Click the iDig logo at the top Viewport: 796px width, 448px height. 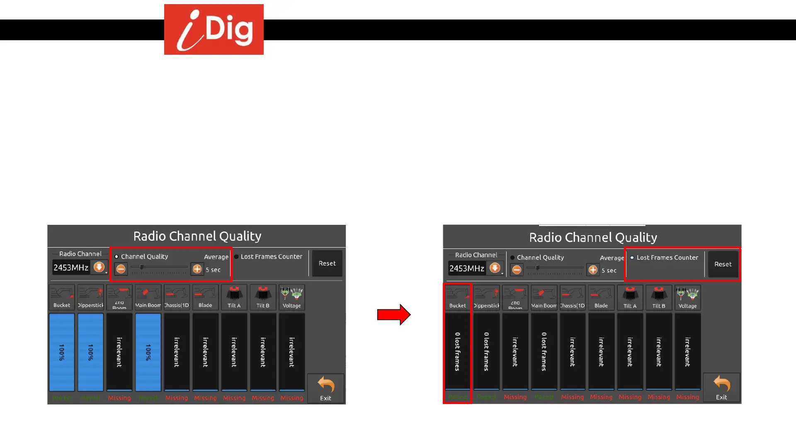click(214, 29)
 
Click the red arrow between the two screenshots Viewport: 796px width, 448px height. click(393, 314)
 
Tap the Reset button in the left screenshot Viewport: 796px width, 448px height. click(327, 263)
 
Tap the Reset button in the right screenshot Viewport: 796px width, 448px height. click(723, 264)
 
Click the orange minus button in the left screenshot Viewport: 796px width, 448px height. click(121, 269)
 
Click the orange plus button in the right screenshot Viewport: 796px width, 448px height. click(593, 270)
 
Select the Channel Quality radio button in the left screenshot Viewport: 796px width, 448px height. click(116, 257)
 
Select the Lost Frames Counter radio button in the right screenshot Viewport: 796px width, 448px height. click(632, 258)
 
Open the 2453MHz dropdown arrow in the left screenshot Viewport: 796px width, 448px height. click(99, 267)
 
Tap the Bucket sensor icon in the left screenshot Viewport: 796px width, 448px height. click(62, 297)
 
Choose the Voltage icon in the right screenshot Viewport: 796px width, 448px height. click(687, 297)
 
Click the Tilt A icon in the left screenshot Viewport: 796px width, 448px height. click(234, 297)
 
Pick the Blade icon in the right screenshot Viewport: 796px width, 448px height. click(601, 297)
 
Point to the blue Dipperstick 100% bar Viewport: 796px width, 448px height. click(90, 352)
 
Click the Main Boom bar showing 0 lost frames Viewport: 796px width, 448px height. click(544, 351)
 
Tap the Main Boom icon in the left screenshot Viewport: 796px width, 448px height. click(148, 297)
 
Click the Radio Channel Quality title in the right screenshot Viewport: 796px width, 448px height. click(593, 237)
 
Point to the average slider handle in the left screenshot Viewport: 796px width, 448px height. click(142, 267)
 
